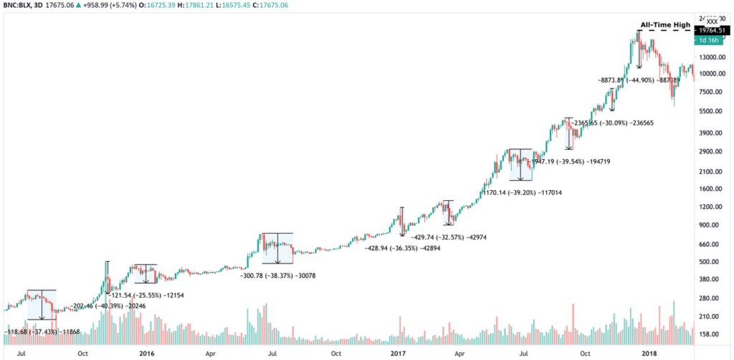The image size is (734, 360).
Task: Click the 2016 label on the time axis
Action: [146, 354]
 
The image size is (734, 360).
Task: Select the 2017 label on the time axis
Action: [399, 354]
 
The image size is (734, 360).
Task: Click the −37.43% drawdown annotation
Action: [37, 332]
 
